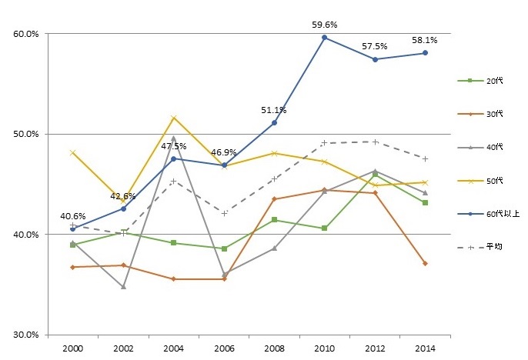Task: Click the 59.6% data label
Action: coord(324,24)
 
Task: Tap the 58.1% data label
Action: coord(425,40)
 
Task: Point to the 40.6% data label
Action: coord(72,216)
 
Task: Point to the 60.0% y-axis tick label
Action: coord(27,34)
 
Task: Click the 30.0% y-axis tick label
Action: coord(27,335)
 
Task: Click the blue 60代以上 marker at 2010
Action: coord(324,38)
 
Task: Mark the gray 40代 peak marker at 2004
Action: coord(173,138)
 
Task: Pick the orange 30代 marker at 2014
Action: coord(425,263)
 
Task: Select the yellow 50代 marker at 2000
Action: coord(72,152)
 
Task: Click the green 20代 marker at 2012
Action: coord(375,175)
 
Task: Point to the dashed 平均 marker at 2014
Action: coord(425,158)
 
